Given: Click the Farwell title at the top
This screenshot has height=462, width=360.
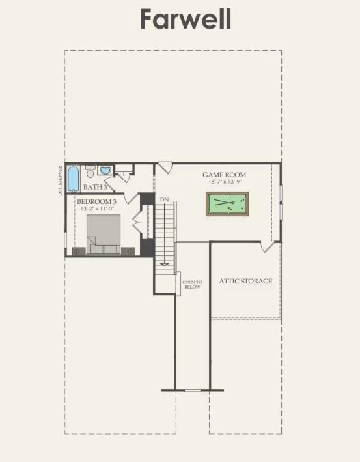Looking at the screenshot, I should pyautogui.click(x=186, y=20).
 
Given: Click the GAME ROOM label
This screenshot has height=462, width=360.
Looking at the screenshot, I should pyautogui.click(x=225, y=175).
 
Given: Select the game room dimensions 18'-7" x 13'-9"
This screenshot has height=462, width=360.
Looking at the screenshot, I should pyautogui.click(x=225, y=182).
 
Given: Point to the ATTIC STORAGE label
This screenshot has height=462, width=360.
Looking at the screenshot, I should pyautogui.click(x=245, y=281).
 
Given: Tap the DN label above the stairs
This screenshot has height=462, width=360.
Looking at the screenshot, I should pyautogui.click(x=164, y=199).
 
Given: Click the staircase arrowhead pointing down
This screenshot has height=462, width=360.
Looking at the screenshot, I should pyautogui.click(x=165, y=263).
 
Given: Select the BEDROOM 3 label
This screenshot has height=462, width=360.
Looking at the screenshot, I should pyautogui.click(x=97, y=202).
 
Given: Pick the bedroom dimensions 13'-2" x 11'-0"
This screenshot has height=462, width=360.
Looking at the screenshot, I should pyautogui.click(x=97, y=209).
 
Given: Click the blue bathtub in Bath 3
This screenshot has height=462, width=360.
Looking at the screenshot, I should pyautogui.click(x=73, y=175).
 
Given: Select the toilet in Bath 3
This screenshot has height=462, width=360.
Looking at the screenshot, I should pyautogui.click(x=90, y=171).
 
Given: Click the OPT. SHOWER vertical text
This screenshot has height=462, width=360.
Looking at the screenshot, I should pyautogui.click(x=61, y=180).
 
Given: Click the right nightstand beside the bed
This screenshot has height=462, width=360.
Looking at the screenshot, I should pyautogui.click(x=130, y=250).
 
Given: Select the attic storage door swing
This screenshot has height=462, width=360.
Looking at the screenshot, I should pyautogui.click(x=268, y=246).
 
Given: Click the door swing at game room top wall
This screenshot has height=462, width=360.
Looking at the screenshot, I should pyautogui.click(x=164, y=167).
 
